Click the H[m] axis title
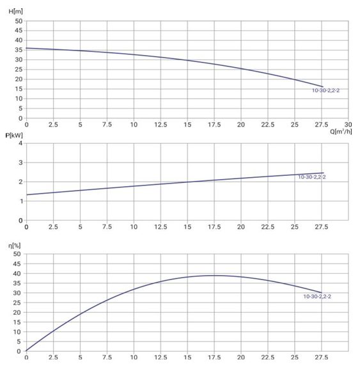(x=15, y=12)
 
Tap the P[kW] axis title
(x=14, y=135)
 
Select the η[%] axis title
(x=15, y=246)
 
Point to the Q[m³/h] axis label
(x=341, y=131)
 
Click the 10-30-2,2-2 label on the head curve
(x=325, y=90)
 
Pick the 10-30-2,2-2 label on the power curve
(x=312, y=177)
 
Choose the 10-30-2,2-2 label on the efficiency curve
(x=317, y=296)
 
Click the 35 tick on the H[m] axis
(x=19, y=50)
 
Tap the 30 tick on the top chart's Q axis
(x=348, y=124)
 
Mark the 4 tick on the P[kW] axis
(x=20, y=143)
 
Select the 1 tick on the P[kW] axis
(x=20, y=201)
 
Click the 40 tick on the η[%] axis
(x=17, y=273)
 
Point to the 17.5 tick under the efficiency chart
(x=214, y=357)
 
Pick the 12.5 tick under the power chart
(x=160, y=227)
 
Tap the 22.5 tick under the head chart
(x=268, y=124)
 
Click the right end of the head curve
(x=323, y=87)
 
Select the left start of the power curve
(x=27, y=194)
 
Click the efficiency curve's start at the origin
(x=26, y=350)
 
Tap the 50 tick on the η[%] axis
(x=17, y=254)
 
